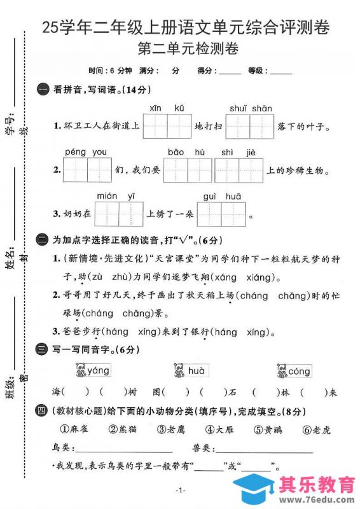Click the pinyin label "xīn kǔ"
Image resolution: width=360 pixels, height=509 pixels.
click(166, 108)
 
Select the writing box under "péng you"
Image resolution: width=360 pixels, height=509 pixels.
click(88, 170)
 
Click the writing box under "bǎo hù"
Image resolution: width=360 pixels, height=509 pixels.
click(187, 170)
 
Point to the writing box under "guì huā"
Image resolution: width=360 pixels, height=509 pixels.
click(221, 214)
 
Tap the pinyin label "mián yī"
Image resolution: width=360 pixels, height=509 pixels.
click(119, 196)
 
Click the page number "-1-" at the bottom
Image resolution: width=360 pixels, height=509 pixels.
click(179, 490)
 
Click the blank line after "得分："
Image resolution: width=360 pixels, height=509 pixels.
click(230, 73)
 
